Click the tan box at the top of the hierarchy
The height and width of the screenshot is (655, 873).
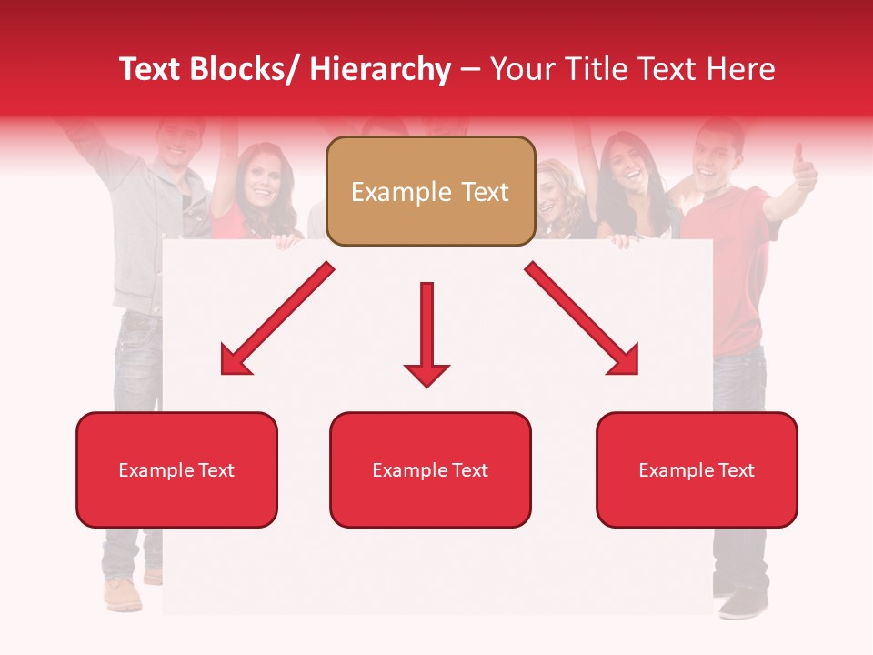click(430, 191)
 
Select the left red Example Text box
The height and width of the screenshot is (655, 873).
click(176, 469)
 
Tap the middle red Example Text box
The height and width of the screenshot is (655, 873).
click(430, 469)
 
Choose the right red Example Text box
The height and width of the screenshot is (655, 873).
click(697, 469)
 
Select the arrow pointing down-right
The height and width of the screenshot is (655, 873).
click(583, 319)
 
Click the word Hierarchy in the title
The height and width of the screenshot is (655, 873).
click(380, 69)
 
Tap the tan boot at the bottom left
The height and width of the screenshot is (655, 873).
click(122, 594)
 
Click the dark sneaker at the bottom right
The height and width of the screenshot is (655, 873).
click(745, 601)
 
